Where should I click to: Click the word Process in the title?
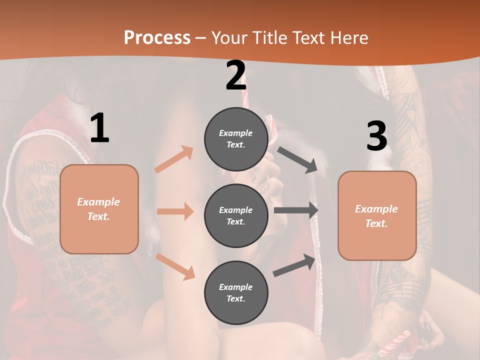[157, 37]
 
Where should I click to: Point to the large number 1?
[99, 128]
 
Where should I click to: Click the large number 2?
[235, 75]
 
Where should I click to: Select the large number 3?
[376, 136]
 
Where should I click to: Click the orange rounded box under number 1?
[99, 209]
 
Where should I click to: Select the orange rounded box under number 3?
[377, 215]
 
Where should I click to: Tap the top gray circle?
[236, 138]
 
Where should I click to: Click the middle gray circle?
[236, 215]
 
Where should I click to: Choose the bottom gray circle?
[236, 292]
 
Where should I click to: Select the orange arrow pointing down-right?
[175, 266]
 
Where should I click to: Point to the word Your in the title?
[229, 37]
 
